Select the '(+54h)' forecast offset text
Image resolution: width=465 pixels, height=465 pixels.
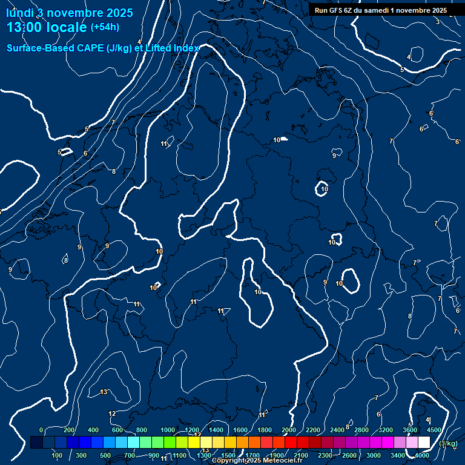(105, 27)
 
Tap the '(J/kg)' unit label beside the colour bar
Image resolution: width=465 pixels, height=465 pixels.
(448, 443)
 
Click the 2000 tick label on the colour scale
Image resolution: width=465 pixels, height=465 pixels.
(289, 430)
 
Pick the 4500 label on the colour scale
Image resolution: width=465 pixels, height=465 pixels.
(434, 430)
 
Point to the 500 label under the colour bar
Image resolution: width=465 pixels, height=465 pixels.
(105, 455)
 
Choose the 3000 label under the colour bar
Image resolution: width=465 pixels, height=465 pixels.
(374, 455)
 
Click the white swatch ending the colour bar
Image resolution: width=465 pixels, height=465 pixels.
(424, 443)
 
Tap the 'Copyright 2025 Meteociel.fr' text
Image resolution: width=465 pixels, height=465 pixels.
(257, 461)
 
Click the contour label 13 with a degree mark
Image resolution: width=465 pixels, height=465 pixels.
(104, 392)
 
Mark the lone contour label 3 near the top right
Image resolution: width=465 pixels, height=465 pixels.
(438, 22)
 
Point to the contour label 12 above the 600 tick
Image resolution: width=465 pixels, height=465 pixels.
(112, 414)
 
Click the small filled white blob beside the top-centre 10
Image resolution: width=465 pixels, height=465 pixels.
(285, 139)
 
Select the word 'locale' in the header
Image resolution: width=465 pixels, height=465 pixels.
(65, 27)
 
